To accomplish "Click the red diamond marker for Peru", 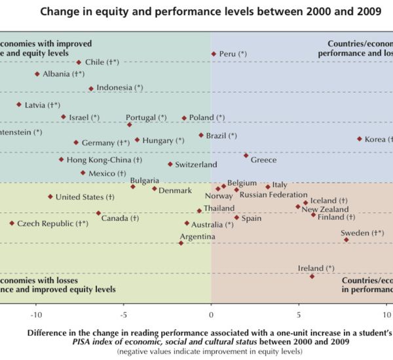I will pyautogui.click(x=214, y=54).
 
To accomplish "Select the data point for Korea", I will pyautogui.click(x=360, y=139).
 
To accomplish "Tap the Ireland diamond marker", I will pyautogui.click(x=312, y=276).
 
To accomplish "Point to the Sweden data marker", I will pyautogui.click(x=346, y=240).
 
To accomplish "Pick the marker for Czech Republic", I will pyautogui.click(x=12, y=224).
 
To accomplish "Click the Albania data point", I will pyautogui.click(x=37, y=74).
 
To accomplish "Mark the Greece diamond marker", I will pyautogui.click(x=246, y=155).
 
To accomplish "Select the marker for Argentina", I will pyautogui.click(x=181, y=243).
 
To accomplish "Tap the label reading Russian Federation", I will pyautogui.click(x=273, y=195).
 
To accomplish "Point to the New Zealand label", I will pyautogui.click(x=325, y=209).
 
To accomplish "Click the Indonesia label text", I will pyautogui.click(x=119, y=87).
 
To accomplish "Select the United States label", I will pyautogui.click(x=84, y=197).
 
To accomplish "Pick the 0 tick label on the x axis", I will pyautogui.click(x=211, y=306).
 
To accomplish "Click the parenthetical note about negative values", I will pyautogui.click(x=210, y=352).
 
